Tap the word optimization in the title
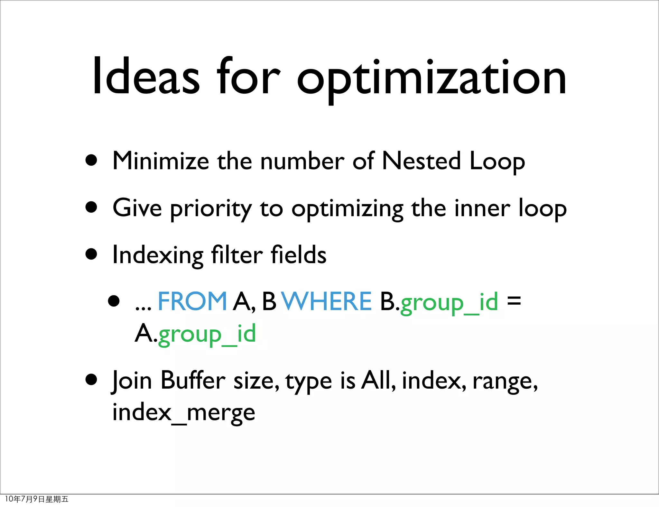(x=431, y=79)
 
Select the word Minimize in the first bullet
(x=161, y=161)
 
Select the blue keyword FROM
(x=192, y=301)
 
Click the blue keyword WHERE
(x=327, y=301)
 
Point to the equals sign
(x=514, y=301)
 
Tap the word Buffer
(x=193, y=380)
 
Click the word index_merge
(x=183, y=413)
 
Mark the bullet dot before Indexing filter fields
(x=92, y=254)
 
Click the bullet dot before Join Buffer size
(x=92, y=380)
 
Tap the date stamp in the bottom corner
(x=37, y=499)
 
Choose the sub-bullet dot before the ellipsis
(x=114, y=301)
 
